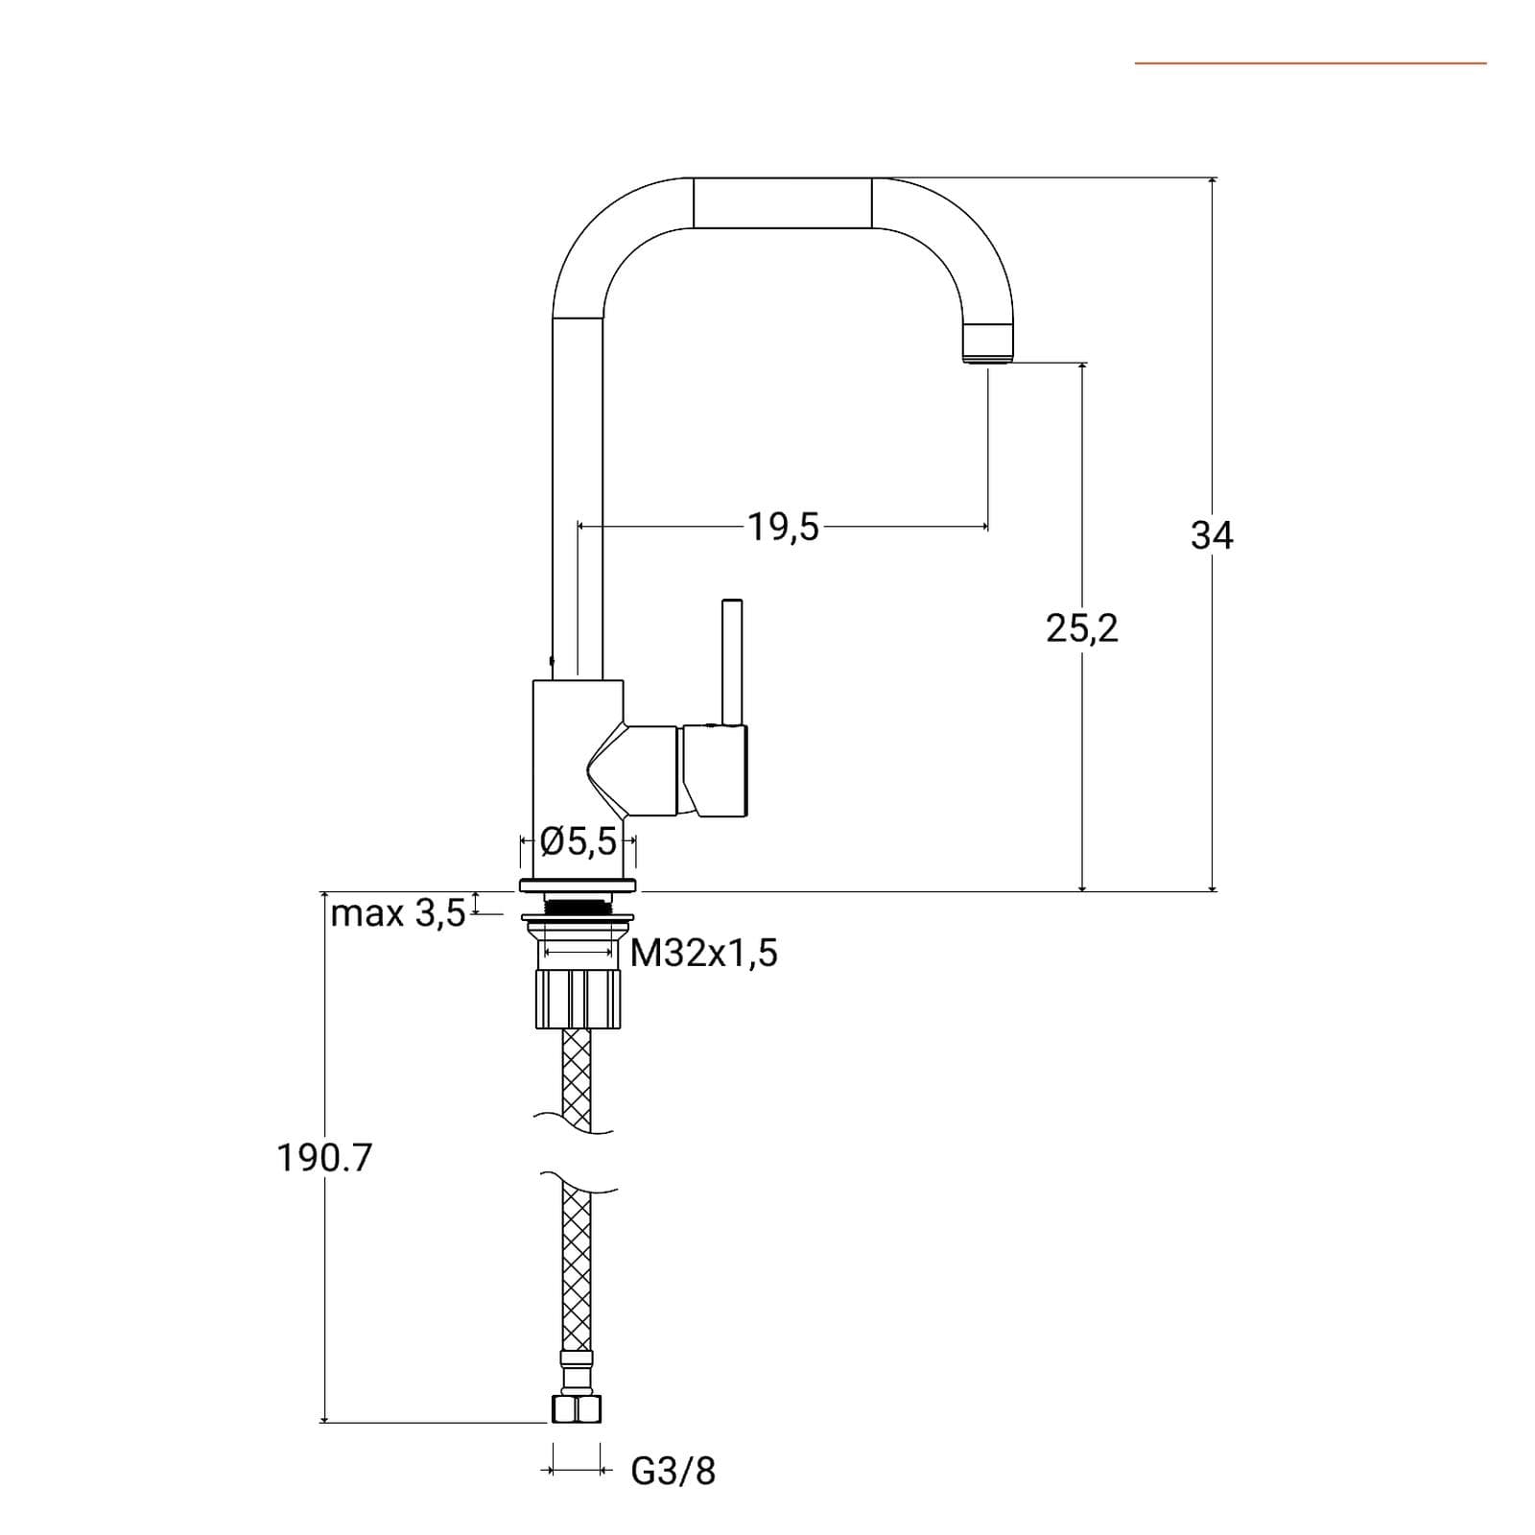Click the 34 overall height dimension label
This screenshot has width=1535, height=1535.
(x=1212, y=534)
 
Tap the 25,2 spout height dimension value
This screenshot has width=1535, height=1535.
(x=1082, y=628)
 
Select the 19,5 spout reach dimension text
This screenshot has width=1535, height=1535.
(x=784, y=527)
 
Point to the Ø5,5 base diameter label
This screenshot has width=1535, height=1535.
(x=579, y=841)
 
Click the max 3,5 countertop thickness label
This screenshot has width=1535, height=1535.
(x=397, y=912)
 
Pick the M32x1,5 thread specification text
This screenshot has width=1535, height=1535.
(x=704, y=953)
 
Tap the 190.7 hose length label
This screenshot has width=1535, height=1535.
(x=324, y=1158)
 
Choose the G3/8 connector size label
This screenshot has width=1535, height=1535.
(x=673, y=1471)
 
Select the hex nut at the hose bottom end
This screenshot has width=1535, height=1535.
(x=578, y=1408)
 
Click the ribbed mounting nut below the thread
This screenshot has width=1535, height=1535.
(x=578, y=999)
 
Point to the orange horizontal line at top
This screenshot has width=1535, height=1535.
(x=1311, y=63)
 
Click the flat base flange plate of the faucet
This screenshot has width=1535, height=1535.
(x=578, y=885)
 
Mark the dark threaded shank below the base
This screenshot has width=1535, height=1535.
(x=578, y=904)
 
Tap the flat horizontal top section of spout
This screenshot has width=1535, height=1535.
(x=782, y=202)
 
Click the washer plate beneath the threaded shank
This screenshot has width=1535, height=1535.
(x=578, y=922)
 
